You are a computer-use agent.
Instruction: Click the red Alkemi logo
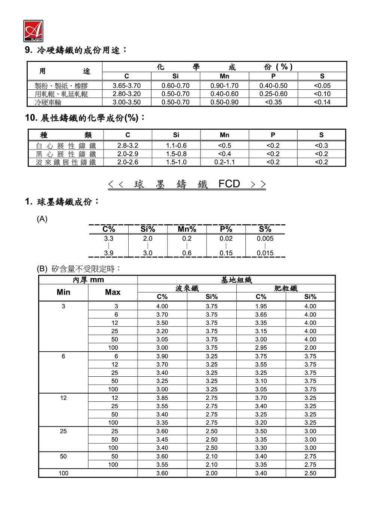[33, 31]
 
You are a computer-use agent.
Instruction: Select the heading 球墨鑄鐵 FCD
[187, 184]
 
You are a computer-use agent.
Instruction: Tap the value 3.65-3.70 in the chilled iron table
[127, 86]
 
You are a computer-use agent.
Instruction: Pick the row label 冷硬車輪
[48, 102]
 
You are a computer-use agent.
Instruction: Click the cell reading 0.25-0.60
[273, 94]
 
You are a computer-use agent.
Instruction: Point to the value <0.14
[322, 102]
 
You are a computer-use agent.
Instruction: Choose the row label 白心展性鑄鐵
[66, 146]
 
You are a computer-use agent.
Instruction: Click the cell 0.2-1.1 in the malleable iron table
[224, 162]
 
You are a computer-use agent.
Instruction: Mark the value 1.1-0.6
[176, 146]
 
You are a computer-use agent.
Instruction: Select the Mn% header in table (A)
[187, 229]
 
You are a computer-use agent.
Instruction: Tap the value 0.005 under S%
[265, 238]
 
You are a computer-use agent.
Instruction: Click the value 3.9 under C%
[108, 253]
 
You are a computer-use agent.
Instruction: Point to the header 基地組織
[236, 280]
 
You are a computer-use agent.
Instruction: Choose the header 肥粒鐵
[286, 288]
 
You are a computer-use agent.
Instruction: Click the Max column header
[113, 292]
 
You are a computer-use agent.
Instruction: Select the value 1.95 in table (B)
[261, 306]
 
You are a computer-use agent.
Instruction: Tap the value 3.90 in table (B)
[162, 356]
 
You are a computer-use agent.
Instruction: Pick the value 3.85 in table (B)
[162, 398]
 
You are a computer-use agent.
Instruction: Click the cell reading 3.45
[162, 439]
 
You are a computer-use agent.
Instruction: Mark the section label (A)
[42, 219]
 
